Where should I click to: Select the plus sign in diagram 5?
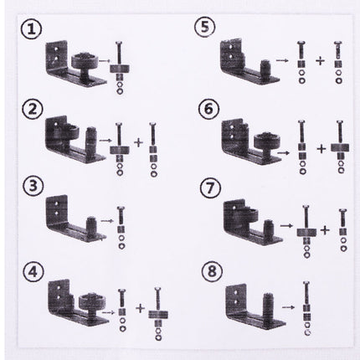coord(318,62)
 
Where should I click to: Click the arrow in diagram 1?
coord(102,62)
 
